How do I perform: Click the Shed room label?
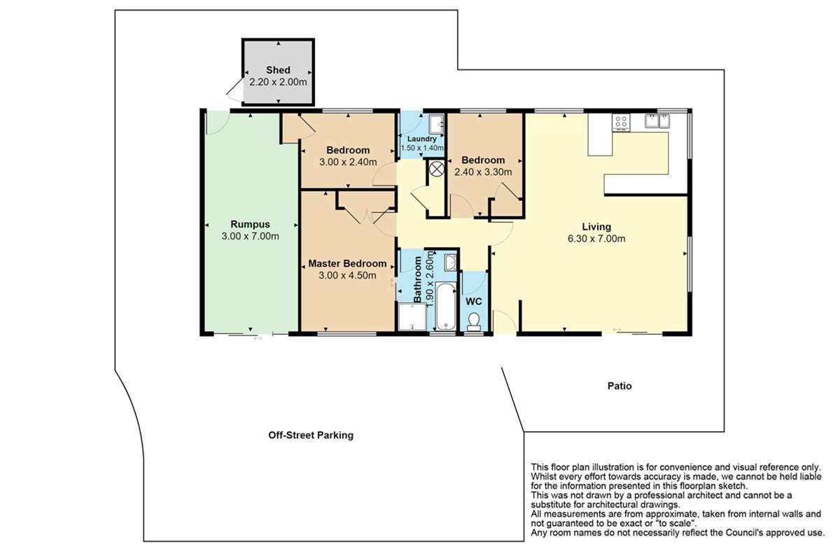tap(278, 70)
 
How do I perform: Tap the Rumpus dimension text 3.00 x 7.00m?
tap(250, 237)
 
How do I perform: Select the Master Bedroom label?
tap(347, 264)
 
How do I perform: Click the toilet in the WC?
tap(474, 322)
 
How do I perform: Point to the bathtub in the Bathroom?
tap(446, 307)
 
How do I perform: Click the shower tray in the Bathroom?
tap(412, 317)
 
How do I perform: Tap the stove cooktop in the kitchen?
tap(621, 122)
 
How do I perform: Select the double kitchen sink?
tap(657, 121)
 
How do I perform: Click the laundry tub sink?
tap(437, 124)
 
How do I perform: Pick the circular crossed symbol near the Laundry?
tap(436, 169)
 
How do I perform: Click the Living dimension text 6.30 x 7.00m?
tap(596, 239)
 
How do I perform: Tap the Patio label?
tap(619, 386)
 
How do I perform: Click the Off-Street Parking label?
tap(311, 435)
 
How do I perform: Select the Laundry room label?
tap(422, 139)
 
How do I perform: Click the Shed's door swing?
tap(234, 91)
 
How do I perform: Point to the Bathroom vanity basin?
tap(450, 262)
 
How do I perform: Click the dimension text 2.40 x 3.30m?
tap(483, 172)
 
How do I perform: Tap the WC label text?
tap(474, 302)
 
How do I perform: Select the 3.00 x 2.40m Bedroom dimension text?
tap(348, 162)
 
